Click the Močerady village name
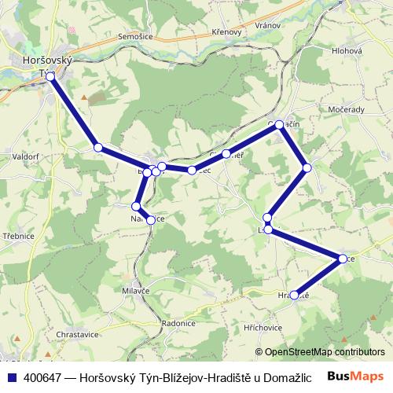(347, 109)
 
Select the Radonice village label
(178, 322)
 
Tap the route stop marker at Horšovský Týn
(50, 76)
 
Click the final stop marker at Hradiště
(295, 296)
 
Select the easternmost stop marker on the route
(343, 259)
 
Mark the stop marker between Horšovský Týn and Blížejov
(97, 147)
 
